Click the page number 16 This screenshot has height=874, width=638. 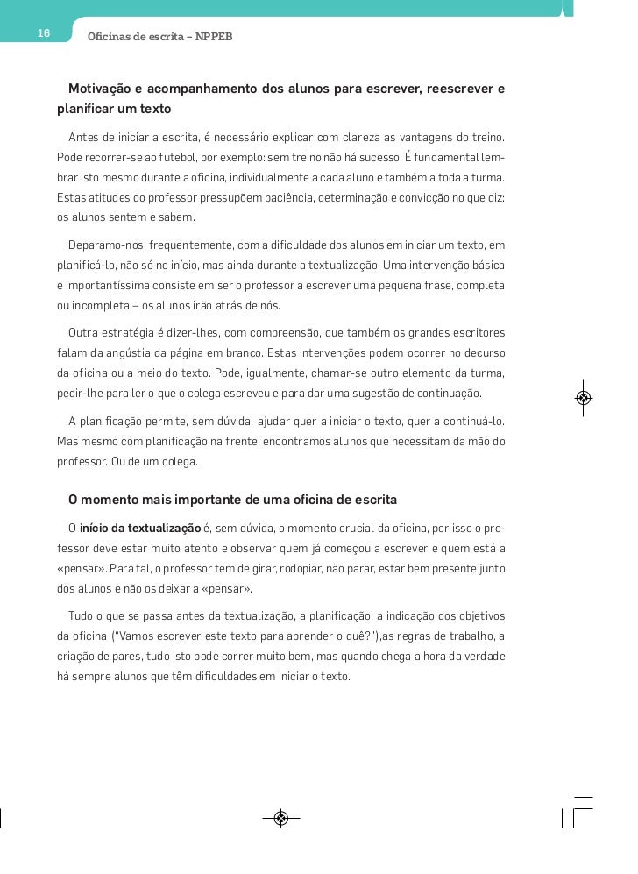click(x=44, y=33)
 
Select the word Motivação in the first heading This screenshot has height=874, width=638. click(x=105, y=89)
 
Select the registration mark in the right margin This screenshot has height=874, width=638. click(x=584, y=398)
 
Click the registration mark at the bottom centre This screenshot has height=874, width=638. click(x=280, y=819)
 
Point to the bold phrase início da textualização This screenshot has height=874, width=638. click(x=140, y=529)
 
